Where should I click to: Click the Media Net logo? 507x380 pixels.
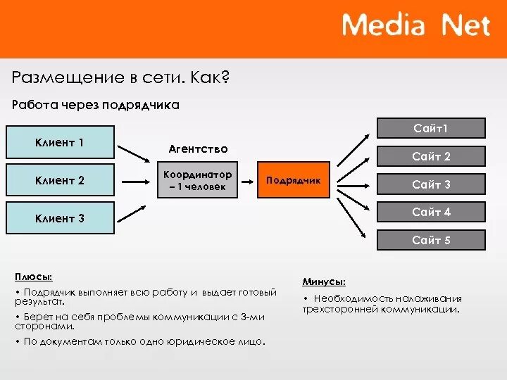pyautogui.click(x=415, y=26)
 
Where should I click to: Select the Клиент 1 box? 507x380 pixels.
pyautogui.click(x=60, y=142)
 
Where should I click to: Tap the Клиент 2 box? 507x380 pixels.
pyautogui.click(x=60, y=180)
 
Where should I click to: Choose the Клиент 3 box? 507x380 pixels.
pyautogui.click(x=60, y=218)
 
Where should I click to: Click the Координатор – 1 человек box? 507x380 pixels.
pyautogui.click(x=196, y=180)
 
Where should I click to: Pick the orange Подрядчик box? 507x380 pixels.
pyautogui.click(x=293, y=180)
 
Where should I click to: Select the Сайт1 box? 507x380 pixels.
pyautogui.click(x=431, y=128)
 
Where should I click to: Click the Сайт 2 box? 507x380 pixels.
pyautogui.click(x=431, y=156)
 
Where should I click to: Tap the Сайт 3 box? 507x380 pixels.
pyautogui.click(x=431, y=184)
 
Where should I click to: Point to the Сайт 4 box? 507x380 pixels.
pyautogui.click(x=431, y=212)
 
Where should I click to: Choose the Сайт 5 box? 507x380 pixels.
pyautogui.click(x=431, y=240)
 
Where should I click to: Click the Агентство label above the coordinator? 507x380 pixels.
pyautogui.click(x=198, y=148)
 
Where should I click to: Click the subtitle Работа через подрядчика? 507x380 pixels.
pyautogui.click(x=96, y=105)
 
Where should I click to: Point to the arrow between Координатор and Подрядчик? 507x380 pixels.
pyautogui.click(x=248, y=180)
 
